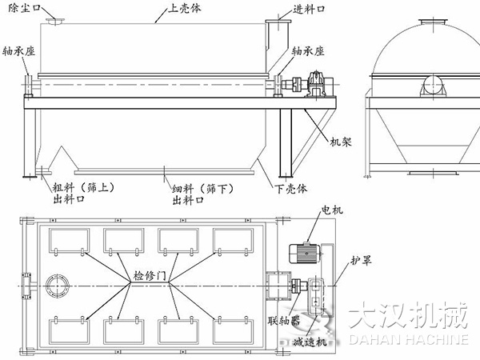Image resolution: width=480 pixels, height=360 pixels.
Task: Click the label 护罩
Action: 362,262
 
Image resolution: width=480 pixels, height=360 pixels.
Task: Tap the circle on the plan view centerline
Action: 59,286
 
